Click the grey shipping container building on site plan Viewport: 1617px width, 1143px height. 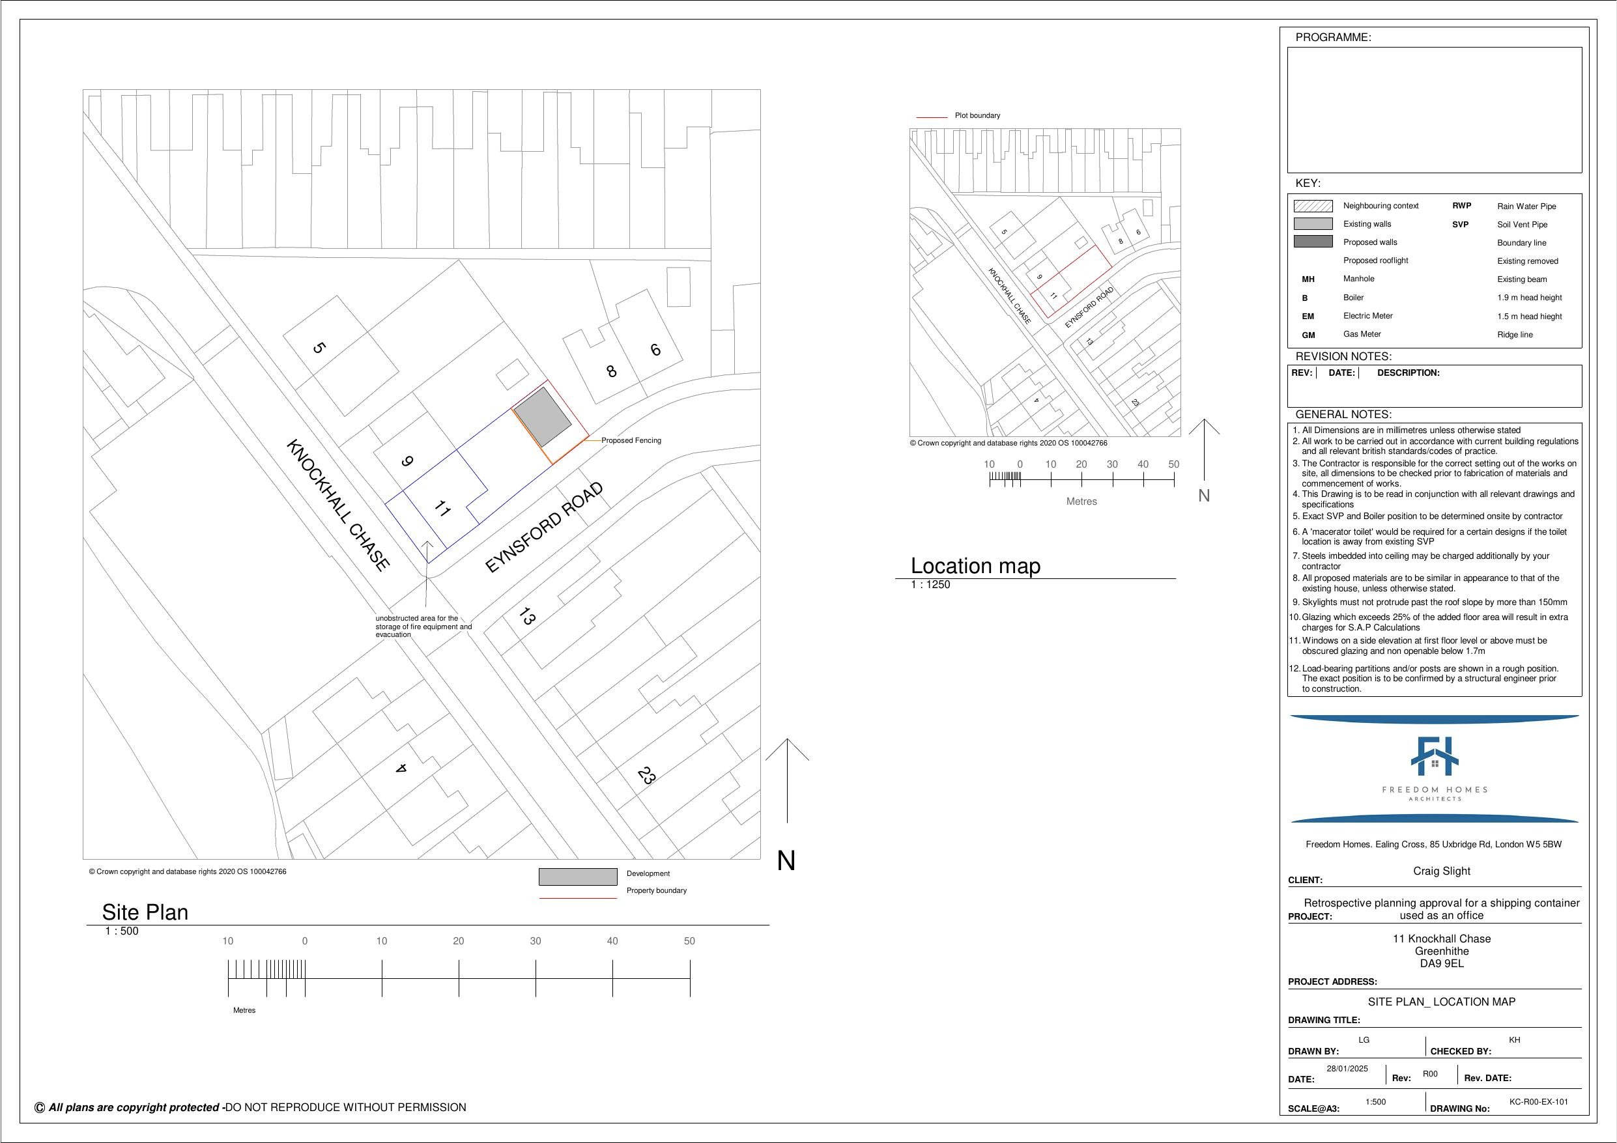[x=541, y=416]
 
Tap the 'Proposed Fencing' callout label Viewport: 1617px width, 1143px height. [x=631, y=440]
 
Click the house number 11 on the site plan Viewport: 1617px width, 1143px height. [x=442, y=508]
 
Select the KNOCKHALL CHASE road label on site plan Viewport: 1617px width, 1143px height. [x=337, y=504]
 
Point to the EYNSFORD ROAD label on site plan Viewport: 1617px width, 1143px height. [x=545, y=527]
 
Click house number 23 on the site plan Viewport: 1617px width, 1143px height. [x=646, y=776]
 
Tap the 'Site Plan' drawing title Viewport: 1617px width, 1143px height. [x=145, y=912]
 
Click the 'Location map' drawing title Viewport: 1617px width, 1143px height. [x=975, y=565]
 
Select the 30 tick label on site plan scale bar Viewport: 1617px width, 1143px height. [x=536, y=941]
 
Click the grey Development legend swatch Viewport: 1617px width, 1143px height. [x=577, y=877]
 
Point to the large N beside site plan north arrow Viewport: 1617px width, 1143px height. [x=786, y=861]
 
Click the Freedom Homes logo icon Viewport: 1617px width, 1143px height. [x=1434, y=756]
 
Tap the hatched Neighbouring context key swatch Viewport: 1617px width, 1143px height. [x=1313, y=206]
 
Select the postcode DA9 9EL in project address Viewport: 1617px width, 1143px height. [x=1442, y=963]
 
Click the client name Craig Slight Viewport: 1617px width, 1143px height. [x=1442, y=871]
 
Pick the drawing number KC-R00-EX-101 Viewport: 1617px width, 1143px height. [x=1539, y=1101]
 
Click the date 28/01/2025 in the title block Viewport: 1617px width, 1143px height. [x=1347, y=1068]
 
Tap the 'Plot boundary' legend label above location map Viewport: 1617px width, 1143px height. [x=977, y=115]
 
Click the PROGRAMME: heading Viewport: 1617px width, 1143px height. [x=1333, y=37]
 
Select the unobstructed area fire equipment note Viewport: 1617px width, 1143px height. [x=423, y=626]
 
